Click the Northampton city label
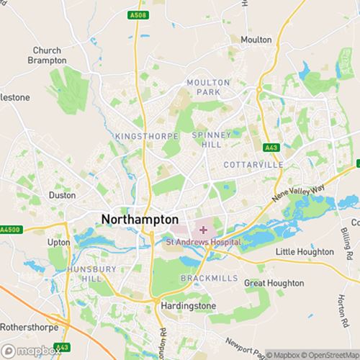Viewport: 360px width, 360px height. (140, 218)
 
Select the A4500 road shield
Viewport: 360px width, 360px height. (9, 230)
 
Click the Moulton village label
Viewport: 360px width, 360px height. (256, 40)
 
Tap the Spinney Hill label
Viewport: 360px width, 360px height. (210, 140)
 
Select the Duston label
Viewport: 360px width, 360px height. (61, 195)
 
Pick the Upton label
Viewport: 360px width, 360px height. (59, 243)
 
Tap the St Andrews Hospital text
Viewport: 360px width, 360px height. (203, 243)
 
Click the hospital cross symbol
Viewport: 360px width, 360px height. (203, 230)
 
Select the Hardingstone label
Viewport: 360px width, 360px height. (186, 305)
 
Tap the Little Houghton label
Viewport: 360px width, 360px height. (305, 252)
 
